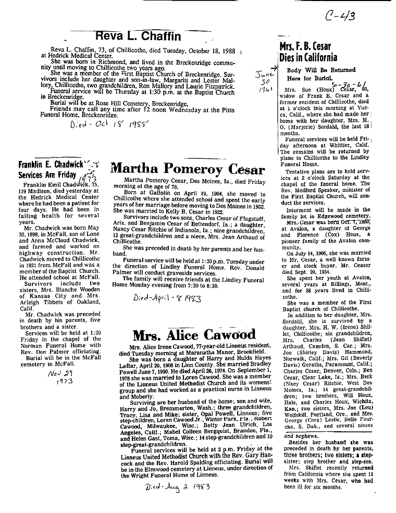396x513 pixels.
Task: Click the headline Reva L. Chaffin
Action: coord(139,36)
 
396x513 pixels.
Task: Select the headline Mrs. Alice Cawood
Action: coord(194,334)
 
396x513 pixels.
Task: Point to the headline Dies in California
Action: coord(308,58)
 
